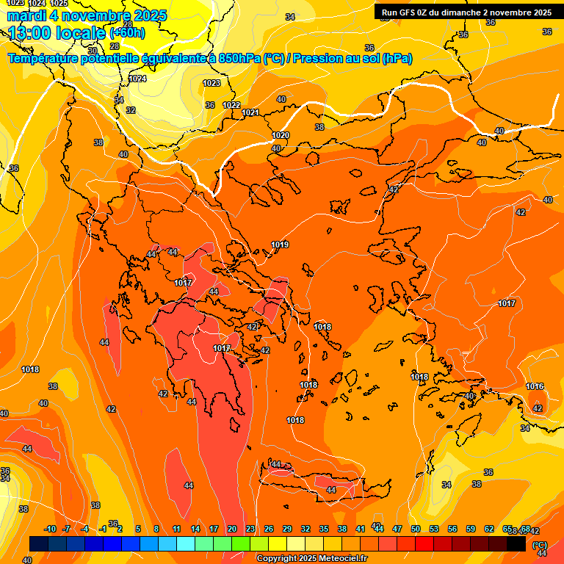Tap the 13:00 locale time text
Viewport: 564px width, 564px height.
(x=56, y=32)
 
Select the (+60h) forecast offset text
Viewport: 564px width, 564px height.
(x=127, y=33)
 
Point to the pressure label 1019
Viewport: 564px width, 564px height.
(x=280, y=245)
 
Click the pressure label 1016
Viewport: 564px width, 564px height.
(x=535, y=386)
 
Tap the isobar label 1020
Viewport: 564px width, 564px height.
(x=281, y=135)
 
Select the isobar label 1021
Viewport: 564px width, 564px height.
(x=250, y=112)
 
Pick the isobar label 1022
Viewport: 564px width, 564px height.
(x=231, y=105)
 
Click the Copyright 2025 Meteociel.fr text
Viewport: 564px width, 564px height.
(x=311, y=559)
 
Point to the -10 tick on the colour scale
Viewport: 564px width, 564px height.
(x=50, y=529)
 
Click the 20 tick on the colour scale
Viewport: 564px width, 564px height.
(x=232, y=529)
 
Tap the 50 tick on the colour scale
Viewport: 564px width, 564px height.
(x=416, y=529)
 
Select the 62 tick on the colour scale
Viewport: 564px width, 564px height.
(x=489, y=529)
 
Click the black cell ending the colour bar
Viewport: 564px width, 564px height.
(x=516, y=544)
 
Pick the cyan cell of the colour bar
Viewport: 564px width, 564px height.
(x=186, y=544)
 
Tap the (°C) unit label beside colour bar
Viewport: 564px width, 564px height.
(x=539, y=545)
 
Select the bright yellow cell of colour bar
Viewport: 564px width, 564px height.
(x=278, y=544)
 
